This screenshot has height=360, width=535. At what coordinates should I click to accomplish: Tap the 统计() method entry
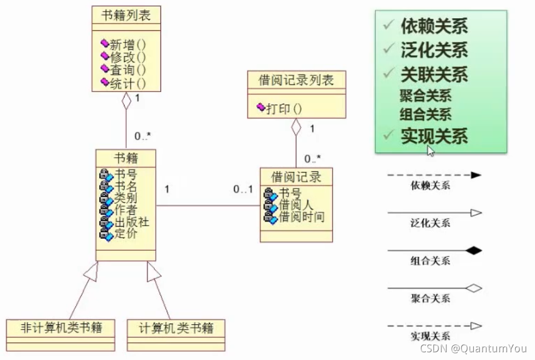[x=127, y=83]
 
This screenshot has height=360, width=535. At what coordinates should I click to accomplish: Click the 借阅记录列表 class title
[x=296, y=80]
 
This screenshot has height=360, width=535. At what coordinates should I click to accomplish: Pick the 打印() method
[x=284, y=109]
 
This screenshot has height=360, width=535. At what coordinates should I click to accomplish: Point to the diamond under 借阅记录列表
[x=296, y=127]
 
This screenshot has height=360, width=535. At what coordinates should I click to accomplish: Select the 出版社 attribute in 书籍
[x=132, y=222]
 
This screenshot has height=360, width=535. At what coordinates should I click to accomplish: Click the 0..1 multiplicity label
[x=242, y=190]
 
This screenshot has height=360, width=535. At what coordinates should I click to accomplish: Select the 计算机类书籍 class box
[x=175, y=329]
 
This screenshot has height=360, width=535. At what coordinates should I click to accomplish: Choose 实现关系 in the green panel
[x=434, y=136]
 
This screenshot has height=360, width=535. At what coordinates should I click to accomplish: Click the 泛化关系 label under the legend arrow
[x=430, y=223]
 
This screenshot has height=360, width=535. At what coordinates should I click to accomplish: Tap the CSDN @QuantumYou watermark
[x=473, y=348]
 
